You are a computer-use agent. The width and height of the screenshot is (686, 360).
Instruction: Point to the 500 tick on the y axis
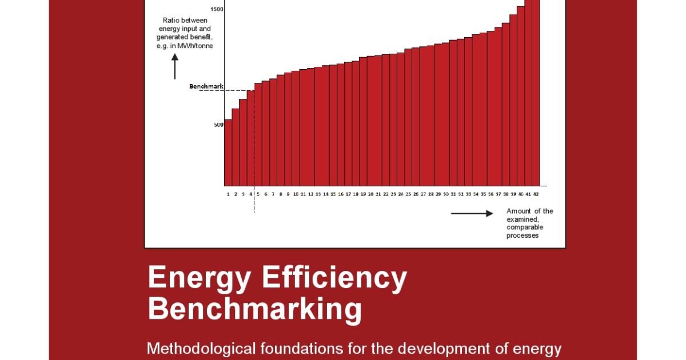(x=219, y=125)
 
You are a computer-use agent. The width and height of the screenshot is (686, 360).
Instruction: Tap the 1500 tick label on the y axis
(x=217, y=9)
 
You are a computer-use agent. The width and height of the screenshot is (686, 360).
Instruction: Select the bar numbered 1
(x=228, y=153)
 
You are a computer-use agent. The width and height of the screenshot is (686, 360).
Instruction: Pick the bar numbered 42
(x=536, y=91)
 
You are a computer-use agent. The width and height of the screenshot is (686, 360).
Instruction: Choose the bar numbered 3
(x=243, y=142)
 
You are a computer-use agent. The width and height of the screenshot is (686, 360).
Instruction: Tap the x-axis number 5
(x=258, y=194)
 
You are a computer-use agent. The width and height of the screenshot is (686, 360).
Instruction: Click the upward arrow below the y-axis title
(x=175, y=67)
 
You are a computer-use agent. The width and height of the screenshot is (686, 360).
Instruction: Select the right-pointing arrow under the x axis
(x=472, y=214)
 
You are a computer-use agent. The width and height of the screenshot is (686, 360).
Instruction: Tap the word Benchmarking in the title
(x=254, y=309)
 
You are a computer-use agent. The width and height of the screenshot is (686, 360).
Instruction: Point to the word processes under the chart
(x=523, y=235)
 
